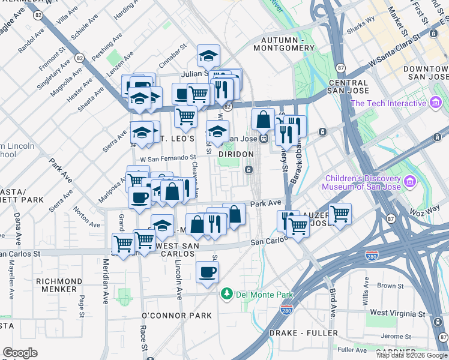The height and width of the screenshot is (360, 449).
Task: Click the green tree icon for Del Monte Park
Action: pyautogui.click(x=227, y=293)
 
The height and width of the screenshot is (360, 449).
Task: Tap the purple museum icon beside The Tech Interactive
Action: pyautogui.click(x=436, y=103)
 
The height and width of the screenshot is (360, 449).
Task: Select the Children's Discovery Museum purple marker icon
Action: pyautogui.click(x=410, y=180)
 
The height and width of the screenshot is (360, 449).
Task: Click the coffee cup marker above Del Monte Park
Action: pyautogui.click(x=208, y=272)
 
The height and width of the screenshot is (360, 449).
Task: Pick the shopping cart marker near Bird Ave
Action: pyautogui.click(x=340, y=213)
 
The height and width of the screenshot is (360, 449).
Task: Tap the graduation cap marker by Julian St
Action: pyautogui.click(x=208, y=56)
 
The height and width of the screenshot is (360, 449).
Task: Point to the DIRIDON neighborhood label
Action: pyautogui.click(x=233, y=154)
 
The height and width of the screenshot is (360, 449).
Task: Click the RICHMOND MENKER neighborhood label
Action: pyautogui.click(x=67, y=286)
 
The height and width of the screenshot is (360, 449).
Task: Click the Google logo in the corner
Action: pyautogui.click(x=20, y=353)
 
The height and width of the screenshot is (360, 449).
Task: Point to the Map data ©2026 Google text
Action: pyautogui.click(x=412, y=355)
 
